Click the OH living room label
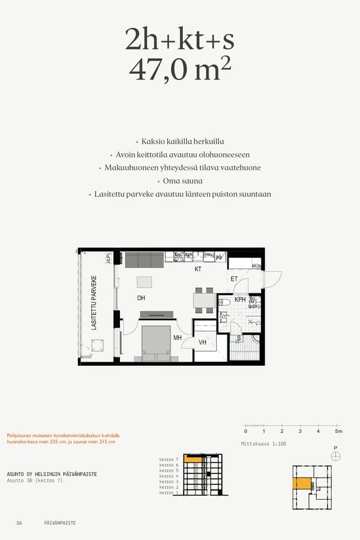[141, 298]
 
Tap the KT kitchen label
[198, 269]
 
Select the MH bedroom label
[178, 338]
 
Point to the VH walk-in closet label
[203, 343]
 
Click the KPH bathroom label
[240, 299]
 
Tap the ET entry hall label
[234, 279]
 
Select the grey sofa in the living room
[144, 260]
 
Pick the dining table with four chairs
[204, 299]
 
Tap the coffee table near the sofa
[145, 282]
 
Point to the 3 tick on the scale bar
[300, 431]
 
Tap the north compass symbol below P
[335, 457]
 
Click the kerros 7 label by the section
[169, 459]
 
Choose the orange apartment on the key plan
[302, 484]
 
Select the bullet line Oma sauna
[182, 181]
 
